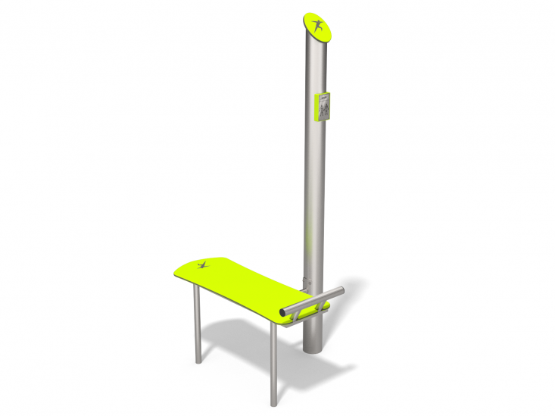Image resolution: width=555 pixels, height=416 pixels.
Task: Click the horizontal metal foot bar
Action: (x=312, y=301)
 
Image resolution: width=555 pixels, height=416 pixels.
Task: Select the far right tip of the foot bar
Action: (x=341, y=289)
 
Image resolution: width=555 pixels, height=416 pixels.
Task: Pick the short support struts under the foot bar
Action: (x=318, y=308)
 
